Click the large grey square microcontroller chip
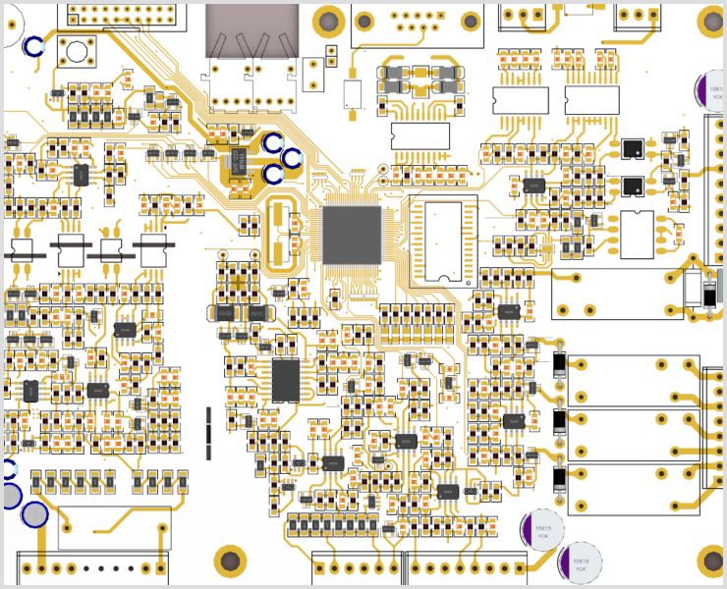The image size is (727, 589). pyautogui.click(x=352, y=235)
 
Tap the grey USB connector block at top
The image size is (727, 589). pyautogui.click(x=252, y=29)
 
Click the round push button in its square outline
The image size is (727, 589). pyautogui.click(x=75, y=54)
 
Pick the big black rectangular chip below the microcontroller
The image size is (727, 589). pyautogui.click(x=286, y=381)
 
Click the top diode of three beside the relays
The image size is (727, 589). pyautogui.click(x=559, y=362)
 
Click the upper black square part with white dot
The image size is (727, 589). pyautogui.click(x=631, y=149)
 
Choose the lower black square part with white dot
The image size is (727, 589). pyautogui.click(x=631, y=187)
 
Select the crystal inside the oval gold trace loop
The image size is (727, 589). pyautogui.click(x=279, y=234)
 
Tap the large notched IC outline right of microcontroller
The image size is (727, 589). pyautogui.click(x=443, y=239)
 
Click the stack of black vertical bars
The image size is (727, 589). pyautogui.click(x=208, y=433)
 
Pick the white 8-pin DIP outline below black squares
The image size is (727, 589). pyautogui.click(x=637, y=235)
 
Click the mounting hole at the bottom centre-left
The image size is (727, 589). pyautogui.click(x=230, y=561)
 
